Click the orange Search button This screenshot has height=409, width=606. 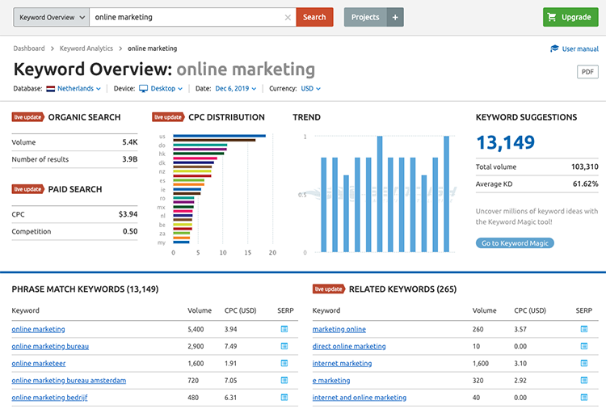pos(314,17)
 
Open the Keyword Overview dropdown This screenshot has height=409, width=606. pos(50,17)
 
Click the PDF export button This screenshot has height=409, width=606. pos(587,72)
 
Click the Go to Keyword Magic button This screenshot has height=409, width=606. pos(515,243)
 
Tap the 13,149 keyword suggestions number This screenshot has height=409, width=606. pos(505,143)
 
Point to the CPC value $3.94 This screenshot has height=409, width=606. pos(128,215)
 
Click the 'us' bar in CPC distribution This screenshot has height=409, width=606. pos(219,136)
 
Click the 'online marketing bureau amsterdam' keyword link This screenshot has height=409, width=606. pos(69,380)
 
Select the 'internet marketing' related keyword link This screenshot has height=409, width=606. pos(342,364)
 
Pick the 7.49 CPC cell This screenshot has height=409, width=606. pos(231,346)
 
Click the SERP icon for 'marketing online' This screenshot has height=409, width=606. pos(583,329)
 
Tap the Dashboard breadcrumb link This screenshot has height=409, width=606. pos(29,48)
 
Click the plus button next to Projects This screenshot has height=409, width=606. pos(395,17)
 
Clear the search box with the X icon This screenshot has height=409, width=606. pos(288,17)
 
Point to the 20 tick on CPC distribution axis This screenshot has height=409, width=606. pos(272,253)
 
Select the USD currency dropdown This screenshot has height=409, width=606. pos(311,89)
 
